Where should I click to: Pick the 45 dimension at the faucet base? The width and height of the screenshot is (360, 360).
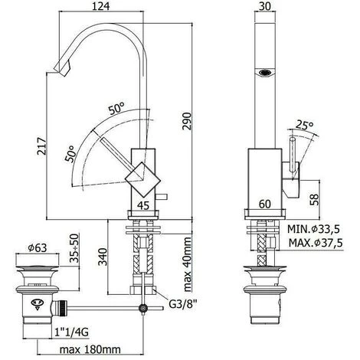pyautogui.click(x=143, y=205)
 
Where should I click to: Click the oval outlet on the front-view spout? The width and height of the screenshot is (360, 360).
pyautogui.click(x=265, y=74)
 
